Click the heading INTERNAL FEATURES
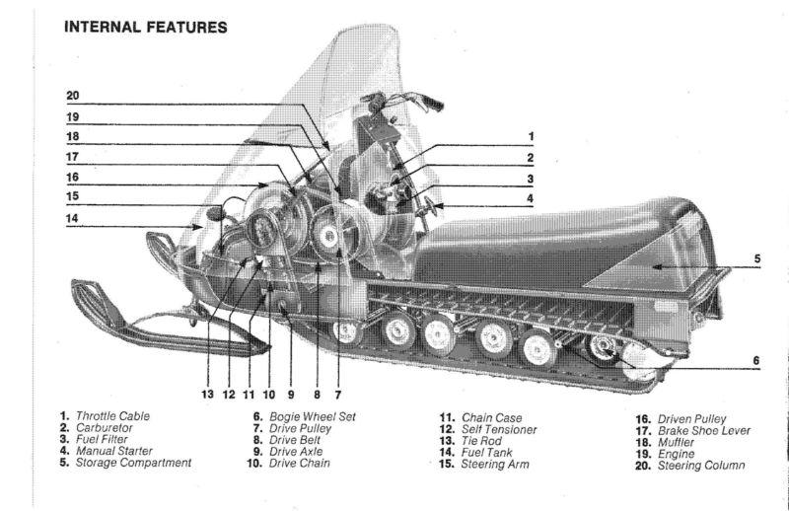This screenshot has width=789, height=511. tap(145, 27)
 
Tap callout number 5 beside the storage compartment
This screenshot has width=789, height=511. tap(756, 259)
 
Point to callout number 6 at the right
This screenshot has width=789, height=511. tap(756, 360)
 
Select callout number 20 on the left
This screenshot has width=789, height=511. tap(73, 97)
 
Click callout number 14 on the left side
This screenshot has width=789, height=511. tap(73, 218)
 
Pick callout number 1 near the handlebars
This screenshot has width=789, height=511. tap(531, 136)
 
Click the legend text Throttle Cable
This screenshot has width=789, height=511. tap(112, 417)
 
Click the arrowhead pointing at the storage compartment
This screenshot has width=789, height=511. tap(655, 266)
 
